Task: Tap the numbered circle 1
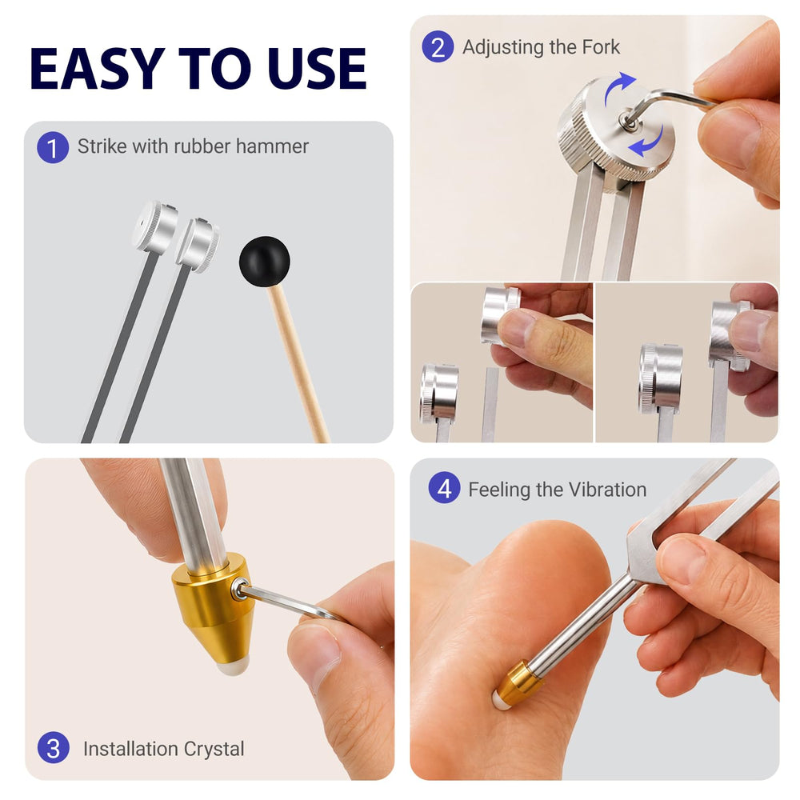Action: pyautogui.click(x=53, y=148)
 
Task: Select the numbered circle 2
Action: pyautogui.click(x=438, y=47)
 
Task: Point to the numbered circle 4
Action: pyautogui.click(x=444, y=488)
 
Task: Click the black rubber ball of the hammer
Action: pyautogui.click(x=264, y=262)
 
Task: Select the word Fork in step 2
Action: pyautogui.click(x=601, y=47)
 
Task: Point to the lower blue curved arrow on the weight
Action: pyautogui.click(x=647, y=143)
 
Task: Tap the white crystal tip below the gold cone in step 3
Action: pyautogui.click(x=233, y=666)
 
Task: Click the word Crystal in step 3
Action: pyautogui.click(x=214, y=749)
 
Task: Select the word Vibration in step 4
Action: pyautogui.click(x=607, y=490)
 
